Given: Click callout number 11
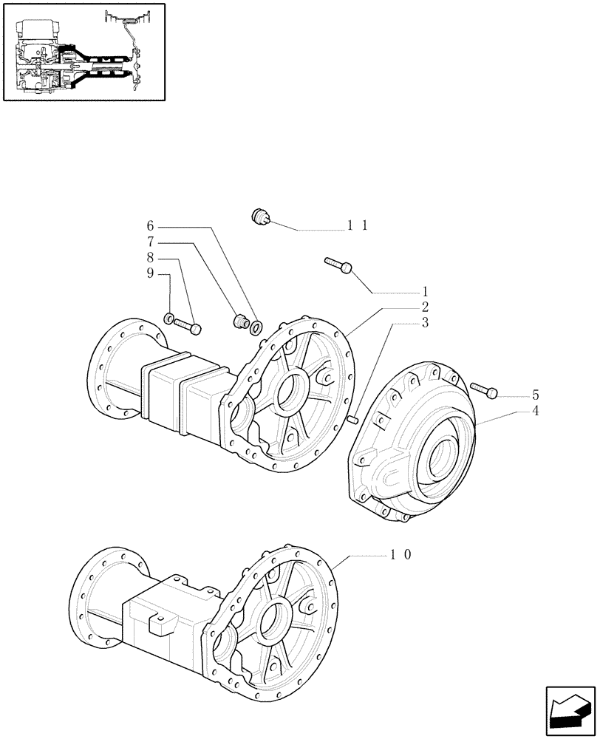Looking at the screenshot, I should tap(358, 226).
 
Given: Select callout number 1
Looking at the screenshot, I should tap(425, 291).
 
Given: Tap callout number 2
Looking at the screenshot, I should tap(425, 307).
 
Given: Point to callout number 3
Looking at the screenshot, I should tap(425, 323).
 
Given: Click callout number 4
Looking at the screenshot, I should tap(535, 411).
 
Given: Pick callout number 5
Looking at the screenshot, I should tap(535, 395).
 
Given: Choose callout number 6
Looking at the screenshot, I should tap(150, 225).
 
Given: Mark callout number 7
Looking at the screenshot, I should tap(150, 242).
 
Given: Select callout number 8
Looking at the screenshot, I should tap(150, 258).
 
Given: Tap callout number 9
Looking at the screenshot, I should tap(150, 274).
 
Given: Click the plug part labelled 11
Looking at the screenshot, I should tap(261, 216).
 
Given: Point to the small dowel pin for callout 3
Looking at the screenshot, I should tap(354, 420).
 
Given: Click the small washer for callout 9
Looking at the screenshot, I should tap(169, 319).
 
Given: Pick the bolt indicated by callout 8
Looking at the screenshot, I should tap(188, 324).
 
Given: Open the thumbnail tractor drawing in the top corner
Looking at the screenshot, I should tap(83, 52).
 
